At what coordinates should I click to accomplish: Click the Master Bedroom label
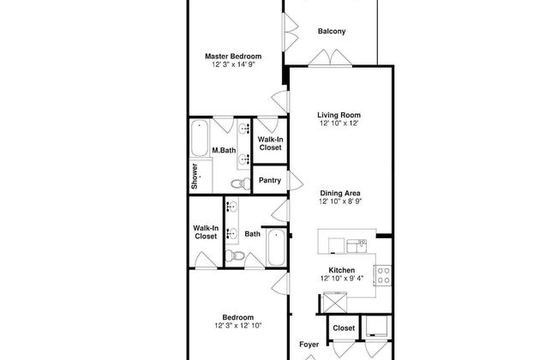click(x=233, y=57)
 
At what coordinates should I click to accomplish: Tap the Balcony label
click(x=332, y=31)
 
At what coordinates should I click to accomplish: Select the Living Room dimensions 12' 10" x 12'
click(x=338, y=123)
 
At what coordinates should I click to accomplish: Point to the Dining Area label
click(x=340, y=194)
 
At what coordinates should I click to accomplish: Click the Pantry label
click(x=270, y=181)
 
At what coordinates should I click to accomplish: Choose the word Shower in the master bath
click(x=195, y=176)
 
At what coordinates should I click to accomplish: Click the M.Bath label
click(x=224, y=150)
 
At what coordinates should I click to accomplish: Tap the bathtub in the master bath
click(x=200, y=138)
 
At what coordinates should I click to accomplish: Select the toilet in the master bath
click(x=241, y=183)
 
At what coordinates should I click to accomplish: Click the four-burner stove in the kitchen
click(x=383, y=275)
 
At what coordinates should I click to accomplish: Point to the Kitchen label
click(x=341, y=270)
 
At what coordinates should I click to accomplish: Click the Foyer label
click(x=308, y=345)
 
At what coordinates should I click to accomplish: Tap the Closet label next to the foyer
click(x=344, y=328)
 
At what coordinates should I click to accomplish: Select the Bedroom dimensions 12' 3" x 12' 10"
click(x=238, y=326)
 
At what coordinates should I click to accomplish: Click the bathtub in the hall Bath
click(x=276, y=248)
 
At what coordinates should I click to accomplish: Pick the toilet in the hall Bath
click(x=235, y=255)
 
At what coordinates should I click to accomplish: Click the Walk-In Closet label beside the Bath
click(x=206, y=232)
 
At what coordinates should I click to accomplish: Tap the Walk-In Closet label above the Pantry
click(x=270, y=144)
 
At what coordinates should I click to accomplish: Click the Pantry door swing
click(x=296, y=181)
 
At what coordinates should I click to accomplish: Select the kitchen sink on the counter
click(x=356, y=246)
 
